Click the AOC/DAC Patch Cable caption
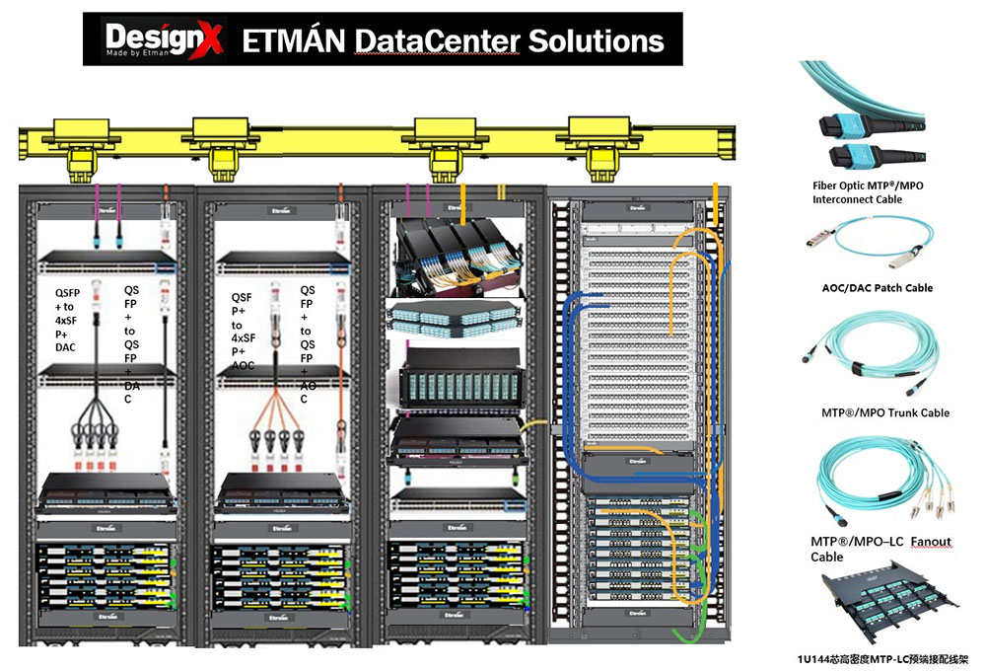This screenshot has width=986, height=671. coord(876,288)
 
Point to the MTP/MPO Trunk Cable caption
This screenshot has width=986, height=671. coord(884,412)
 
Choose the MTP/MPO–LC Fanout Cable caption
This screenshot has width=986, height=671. coord(874,550)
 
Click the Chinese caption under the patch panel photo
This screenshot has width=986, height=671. coord(882,658)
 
